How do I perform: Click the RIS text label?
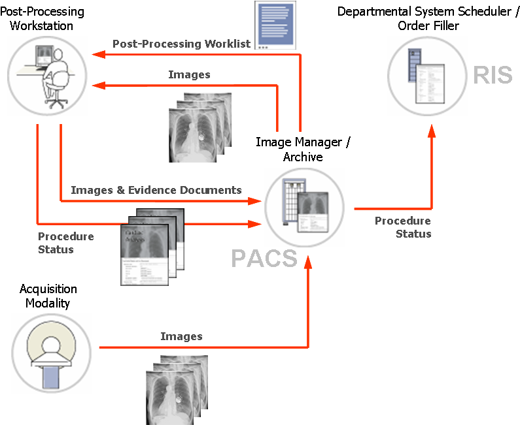tap(493, 74)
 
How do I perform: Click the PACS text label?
tap(264, 259)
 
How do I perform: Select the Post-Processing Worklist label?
tap(181, 44)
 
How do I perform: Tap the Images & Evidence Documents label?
tap(156, 190)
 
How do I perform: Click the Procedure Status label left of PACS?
tap(65, 243)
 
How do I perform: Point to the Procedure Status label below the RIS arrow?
tap(403, 227)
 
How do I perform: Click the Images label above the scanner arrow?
tap(181, 336)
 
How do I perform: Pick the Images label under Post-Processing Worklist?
tap(189, 74)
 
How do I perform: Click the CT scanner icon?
tap(51, 353)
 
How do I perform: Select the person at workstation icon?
tap(47, 76)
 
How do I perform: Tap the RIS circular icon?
tap(427, 76)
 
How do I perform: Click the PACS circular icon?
tap(304, 208)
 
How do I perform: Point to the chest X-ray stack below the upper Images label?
tap(199, 127)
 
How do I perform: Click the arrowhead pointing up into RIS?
tap(432, 131)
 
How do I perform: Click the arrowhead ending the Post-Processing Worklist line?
tap(96, 55)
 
